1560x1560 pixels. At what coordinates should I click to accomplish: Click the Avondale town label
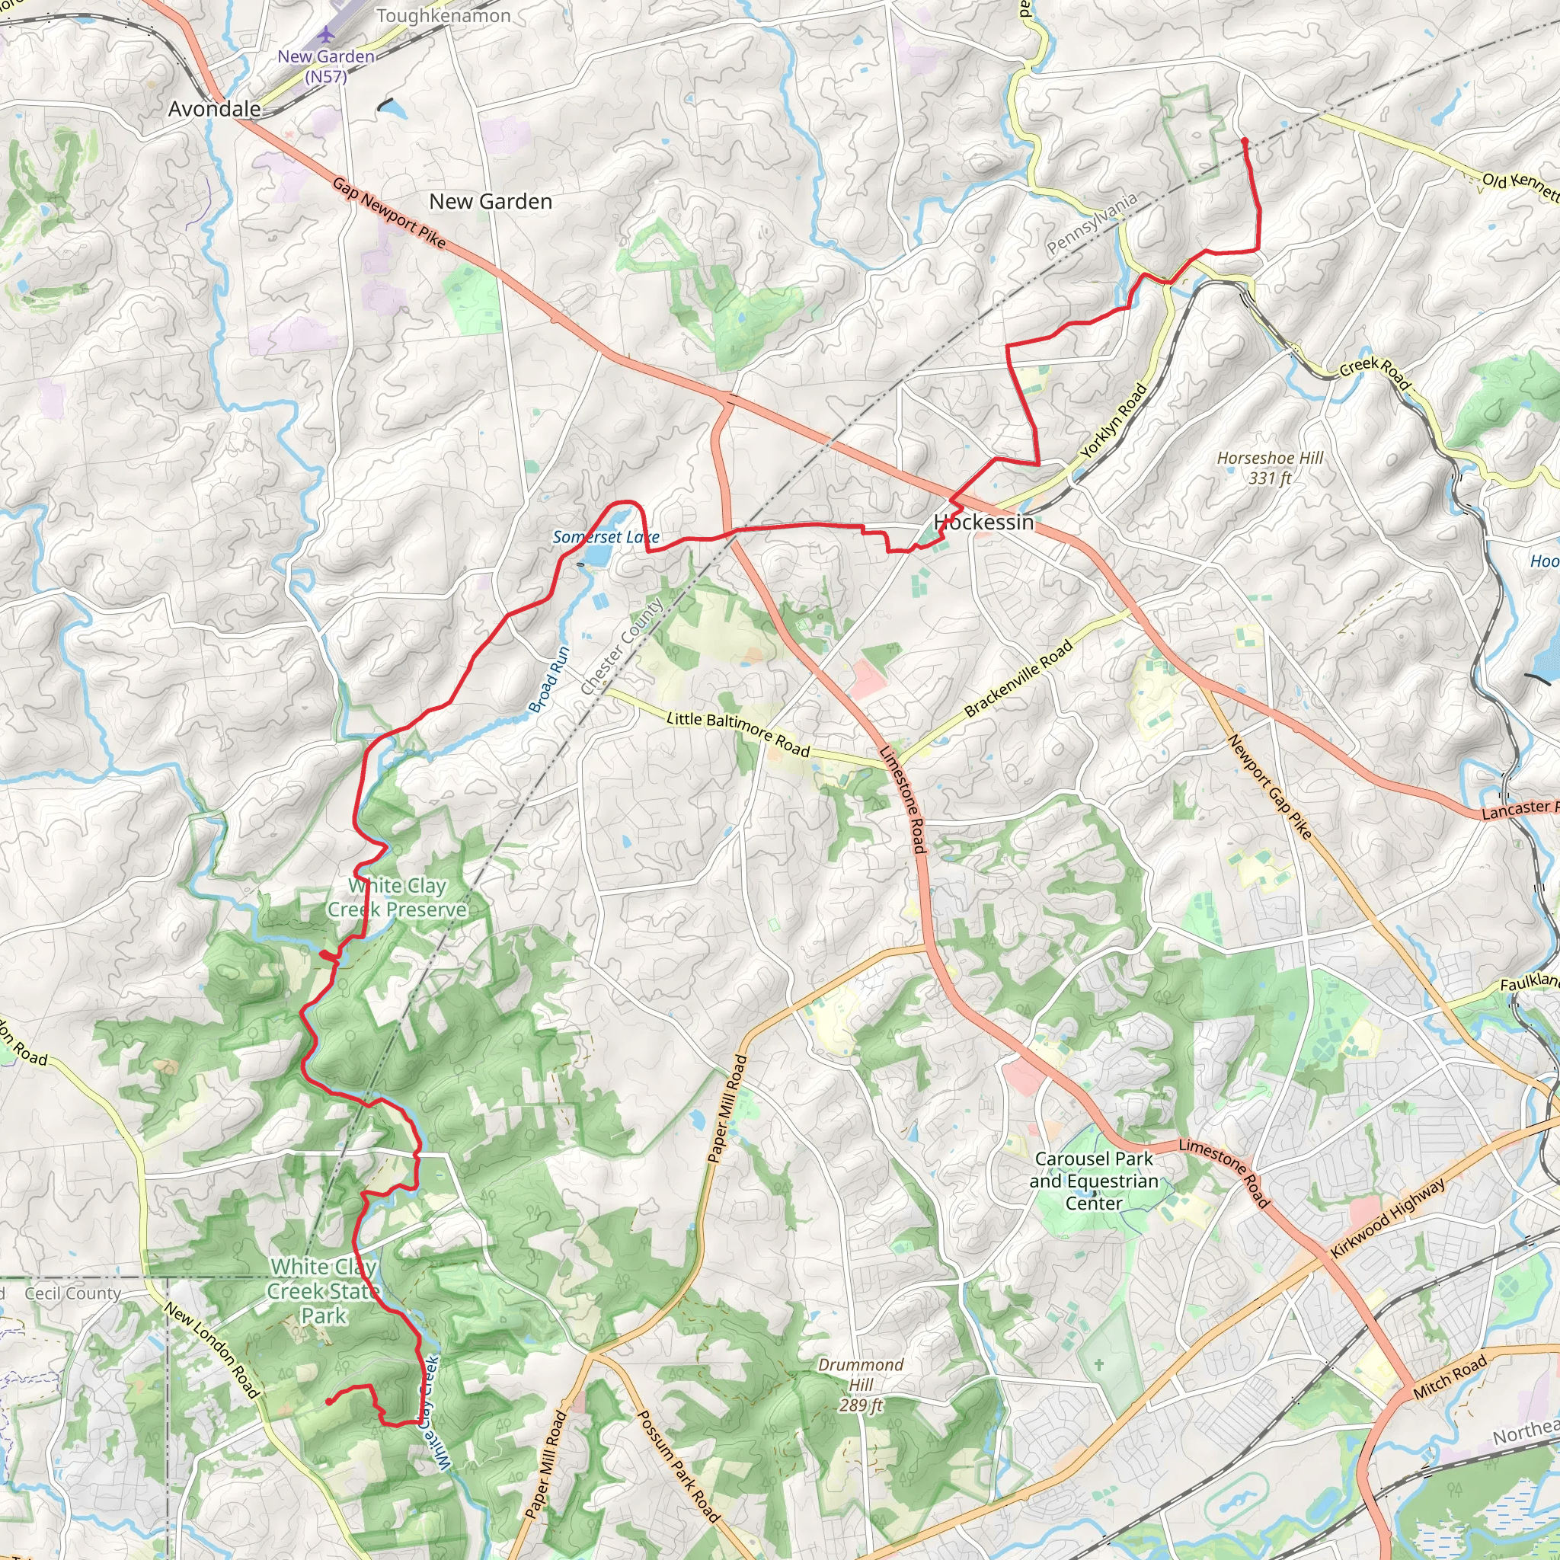[x=214, y=109]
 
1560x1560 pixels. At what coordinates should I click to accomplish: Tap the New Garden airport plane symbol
[x=325, y=34]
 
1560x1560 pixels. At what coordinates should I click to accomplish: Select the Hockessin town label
[x=983, y=523]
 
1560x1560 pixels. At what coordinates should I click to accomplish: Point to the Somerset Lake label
[x=606, y=537]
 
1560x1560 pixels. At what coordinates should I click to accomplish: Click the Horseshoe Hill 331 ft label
[x=1270, y=468]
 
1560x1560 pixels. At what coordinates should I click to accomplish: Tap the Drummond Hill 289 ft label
[x=861, y=1385]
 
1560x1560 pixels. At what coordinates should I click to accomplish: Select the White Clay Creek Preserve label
[x=398, y=897]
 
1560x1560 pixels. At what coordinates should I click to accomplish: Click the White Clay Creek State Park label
[x=323, y=1291]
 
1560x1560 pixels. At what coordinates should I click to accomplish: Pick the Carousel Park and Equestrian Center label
[x=1093, y=1181]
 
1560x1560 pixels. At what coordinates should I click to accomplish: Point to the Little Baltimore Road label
[x=738, y=734]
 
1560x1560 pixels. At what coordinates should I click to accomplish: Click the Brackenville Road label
[x=1018, y=678]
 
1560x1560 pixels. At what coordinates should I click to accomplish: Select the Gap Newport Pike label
[x=389, y=213]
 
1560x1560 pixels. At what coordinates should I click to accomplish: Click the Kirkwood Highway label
[x=1387, y=1220]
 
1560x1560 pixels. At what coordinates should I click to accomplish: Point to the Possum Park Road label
[x=678, y=1467]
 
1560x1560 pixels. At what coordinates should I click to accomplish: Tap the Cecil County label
[x=72, y=1293]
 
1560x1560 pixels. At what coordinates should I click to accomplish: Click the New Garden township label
[x=490, y=202]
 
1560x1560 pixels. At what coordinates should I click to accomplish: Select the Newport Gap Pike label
[x=1269, y=785]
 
